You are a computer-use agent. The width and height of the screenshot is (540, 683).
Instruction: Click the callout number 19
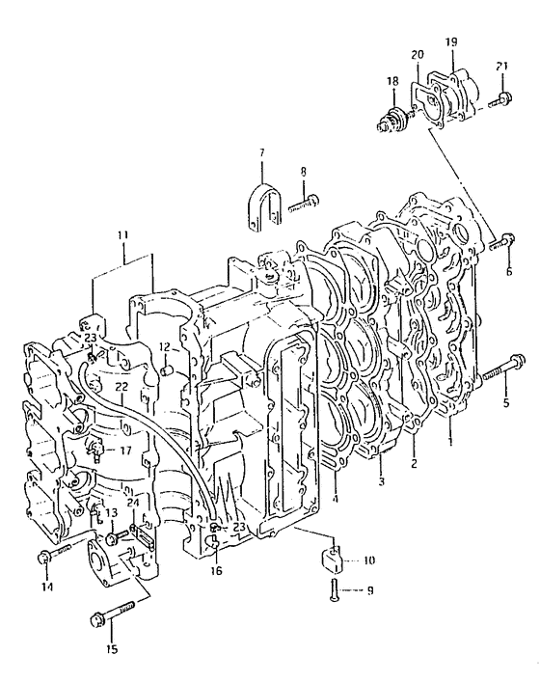[x=451, y=42]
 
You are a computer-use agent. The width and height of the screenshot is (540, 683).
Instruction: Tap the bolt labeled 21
[x=499, y=99]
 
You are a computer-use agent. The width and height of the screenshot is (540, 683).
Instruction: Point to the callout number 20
[x=418, y=55]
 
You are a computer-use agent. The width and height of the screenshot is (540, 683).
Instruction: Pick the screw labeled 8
[x=304, y=204]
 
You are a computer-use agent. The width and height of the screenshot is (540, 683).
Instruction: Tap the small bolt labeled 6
[x=502, y=242]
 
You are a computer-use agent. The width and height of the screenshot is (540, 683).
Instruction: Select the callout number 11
[x=122, y=235]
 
